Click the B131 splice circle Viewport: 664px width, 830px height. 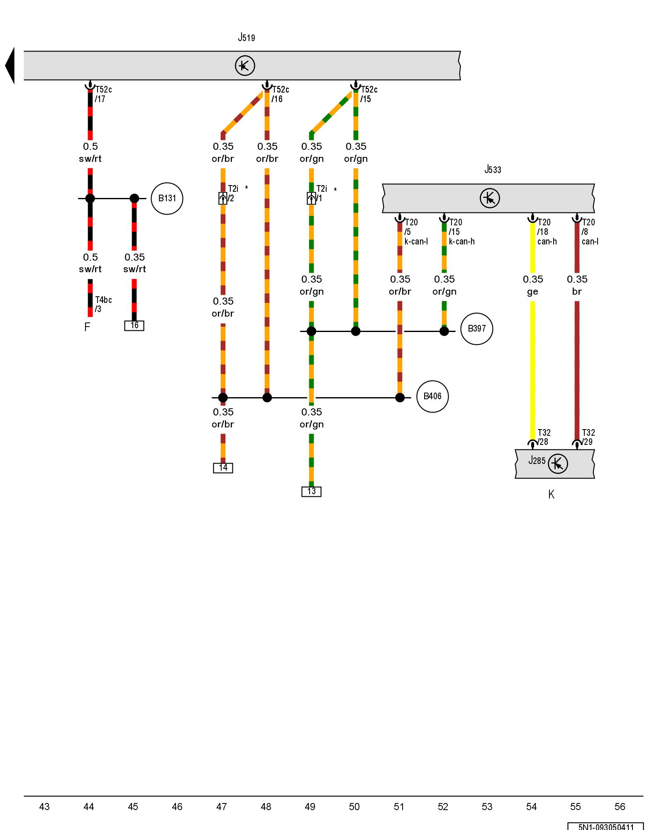(x=167, y=198)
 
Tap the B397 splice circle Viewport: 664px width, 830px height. (x=476, y=329)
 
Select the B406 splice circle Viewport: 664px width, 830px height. (x=432, y=396)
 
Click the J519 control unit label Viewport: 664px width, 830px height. (x=247, y=38)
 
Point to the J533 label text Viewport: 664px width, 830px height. (x=493, y=169)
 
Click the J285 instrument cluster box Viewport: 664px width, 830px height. (x=554, y=464)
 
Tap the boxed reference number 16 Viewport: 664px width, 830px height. (x=134, y=325)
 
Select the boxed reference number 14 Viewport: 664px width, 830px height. (x=223, y=468)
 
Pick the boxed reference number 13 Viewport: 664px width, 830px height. (x=311, y=491)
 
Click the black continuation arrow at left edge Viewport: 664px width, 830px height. (x=10, y=66)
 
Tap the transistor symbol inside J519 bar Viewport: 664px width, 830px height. (x=245, y=66)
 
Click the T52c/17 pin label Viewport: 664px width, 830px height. (x=103, y=94)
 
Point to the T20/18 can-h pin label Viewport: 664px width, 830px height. (x=546, y=232)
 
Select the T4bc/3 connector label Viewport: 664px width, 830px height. (x=103, y=304)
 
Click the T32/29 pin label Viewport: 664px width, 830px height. (x=588, y=437)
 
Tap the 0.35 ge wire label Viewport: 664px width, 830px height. (x=533, y=285)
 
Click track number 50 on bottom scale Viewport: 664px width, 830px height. (x=354, y=806)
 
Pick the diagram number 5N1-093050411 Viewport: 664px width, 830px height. (x=605, y=826)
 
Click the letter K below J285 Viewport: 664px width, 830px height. (x=551, y=494)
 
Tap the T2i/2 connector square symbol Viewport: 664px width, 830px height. (x=223, y=198)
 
